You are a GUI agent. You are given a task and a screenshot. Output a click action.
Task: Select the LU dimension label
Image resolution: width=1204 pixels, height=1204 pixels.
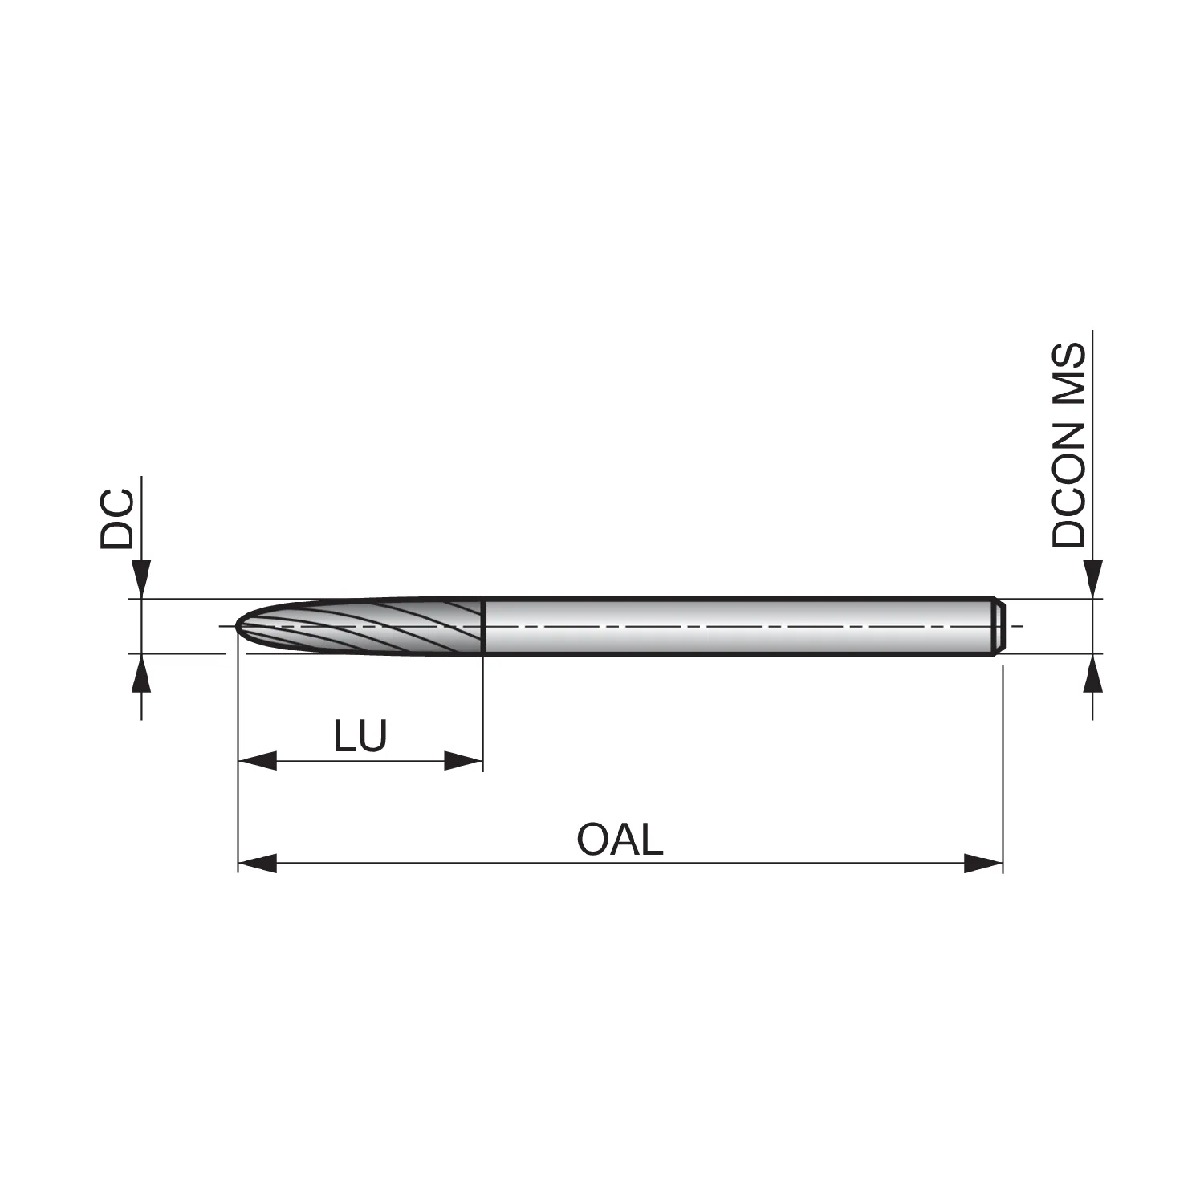tap(360, 735)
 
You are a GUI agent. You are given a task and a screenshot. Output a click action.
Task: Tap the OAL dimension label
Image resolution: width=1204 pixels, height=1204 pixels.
tap(620, 840)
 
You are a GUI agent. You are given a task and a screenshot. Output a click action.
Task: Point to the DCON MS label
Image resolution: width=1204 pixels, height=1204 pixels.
tap(1069, 445)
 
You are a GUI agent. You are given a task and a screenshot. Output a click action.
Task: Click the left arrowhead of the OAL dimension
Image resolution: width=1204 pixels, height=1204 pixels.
tap(258, 864)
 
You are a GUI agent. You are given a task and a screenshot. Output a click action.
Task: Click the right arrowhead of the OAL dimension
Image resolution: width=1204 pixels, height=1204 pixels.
tap(984, 864)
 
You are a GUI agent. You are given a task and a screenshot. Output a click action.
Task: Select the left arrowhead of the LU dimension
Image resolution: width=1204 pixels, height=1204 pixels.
tap(258, 761)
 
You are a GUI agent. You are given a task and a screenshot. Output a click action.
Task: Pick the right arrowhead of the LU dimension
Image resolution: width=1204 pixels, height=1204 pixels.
tap(463, 761)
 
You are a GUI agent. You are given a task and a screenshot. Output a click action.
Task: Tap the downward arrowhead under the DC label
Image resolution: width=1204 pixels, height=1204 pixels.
tap(142, 579)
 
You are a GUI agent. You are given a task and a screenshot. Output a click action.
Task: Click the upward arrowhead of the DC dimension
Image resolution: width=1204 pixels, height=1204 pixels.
tap(142, 673)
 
